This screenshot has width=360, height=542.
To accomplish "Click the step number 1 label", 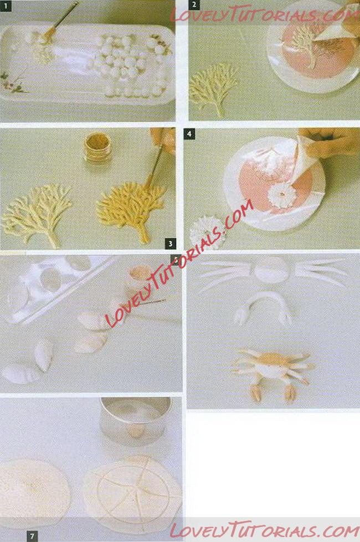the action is point(6,6).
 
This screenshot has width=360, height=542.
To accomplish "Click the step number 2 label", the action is point(194,5).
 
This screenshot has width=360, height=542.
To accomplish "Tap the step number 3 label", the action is point(171,244).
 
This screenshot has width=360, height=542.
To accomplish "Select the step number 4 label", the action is point(189,134).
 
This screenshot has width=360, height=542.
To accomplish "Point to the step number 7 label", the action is point(32,536).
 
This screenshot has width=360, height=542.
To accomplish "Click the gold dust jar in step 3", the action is point(98,148).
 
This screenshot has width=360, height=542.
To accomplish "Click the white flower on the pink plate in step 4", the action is point(282,195).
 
